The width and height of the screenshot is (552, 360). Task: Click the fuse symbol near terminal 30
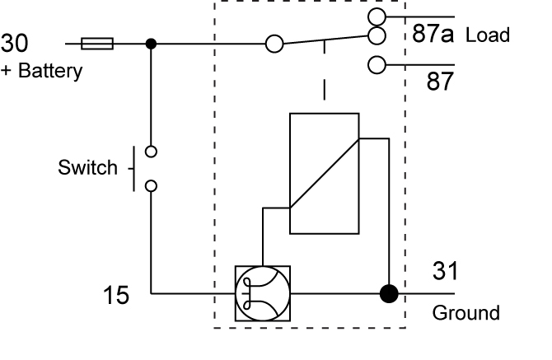tap(98, 44)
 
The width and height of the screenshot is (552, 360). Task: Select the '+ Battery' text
tap(41, 70)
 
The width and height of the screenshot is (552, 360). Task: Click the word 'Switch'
tap(87, 168)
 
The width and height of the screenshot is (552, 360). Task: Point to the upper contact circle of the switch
tap(151, 151)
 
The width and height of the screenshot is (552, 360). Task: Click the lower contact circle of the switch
tap(151, 185)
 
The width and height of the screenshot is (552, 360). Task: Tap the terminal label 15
tap(116, 295)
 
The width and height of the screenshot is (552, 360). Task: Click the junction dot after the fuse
tap(151, 44)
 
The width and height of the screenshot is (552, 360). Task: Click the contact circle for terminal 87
tap(377, 64)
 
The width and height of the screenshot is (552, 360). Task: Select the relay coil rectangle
tap(324, 174)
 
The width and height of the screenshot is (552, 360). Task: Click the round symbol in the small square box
tap(263, 294)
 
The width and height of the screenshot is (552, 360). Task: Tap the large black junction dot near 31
tap(388, 294)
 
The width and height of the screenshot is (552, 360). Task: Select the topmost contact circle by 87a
tap(377, 16)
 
